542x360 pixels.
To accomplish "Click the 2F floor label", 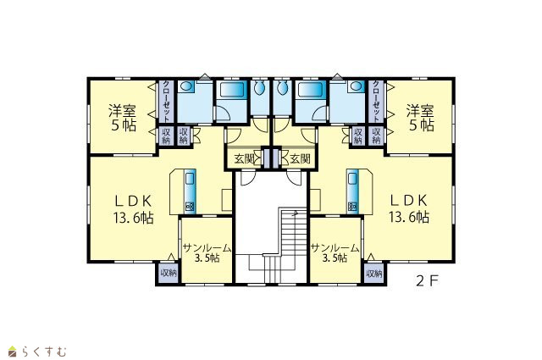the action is pyautogui.click(x=428, y=281).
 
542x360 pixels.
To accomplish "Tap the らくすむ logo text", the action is pyautogui.click(x=44, y=352).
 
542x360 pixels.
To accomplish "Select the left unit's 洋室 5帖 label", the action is pyautogui.click(x=123, y=118).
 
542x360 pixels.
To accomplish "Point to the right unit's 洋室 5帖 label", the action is pyautogui.click(x=420, y=118).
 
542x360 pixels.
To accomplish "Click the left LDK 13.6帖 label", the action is pyautogui.click(x=134, y=209).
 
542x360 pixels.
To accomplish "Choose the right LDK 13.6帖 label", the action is pyautogui.click(x=409, y=209).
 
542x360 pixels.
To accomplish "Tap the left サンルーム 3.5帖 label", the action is pyautogui.click(x=207, y=252).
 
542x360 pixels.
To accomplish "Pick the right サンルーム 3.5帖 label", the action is pyautogui.click(x=335, y=252).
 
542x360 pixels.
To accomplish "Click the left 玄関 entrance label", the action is pyautogui.click(x=244, y=158).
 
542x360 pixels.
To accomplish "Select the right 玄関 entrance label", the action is pyautogui.click(x=300, y=158).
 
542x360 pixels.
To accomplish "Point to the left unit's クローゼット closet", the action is pyautogui.click(x=166, y=102).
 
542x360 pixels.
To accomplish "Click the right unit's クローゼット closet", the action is pyautogui.click(x=376, y=102).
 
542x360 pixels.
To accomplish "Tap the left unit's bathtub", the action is pyautogui.click(x=231, y=91).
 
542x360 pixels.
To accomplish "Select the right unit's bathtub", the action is pyautogui.click(x=310, y=91).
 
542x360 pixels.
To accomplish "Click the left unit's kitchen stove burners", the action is pyautogui.click(x=190, y=208).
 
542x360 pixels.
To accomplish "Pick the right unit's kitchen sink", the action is pyautogui.click(x=352, y=179).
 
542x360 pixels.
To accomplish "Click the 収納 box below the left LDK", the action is pyautogui.click(x=169, y=274).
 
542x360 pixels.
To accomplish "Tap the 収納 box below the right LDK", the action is pyautogui.click(x=373, y=274).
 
